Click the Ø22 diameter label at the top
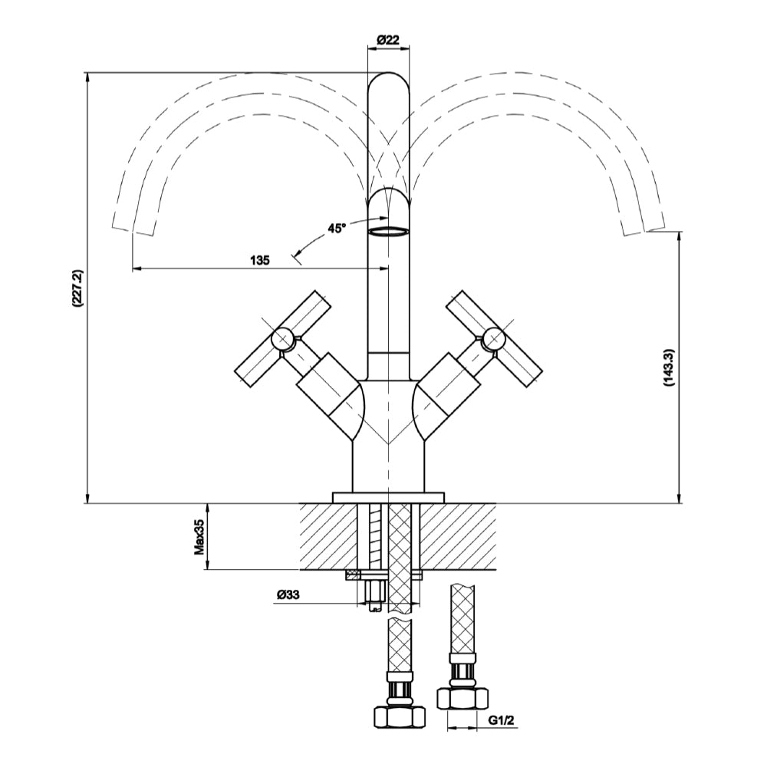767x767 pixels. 388,41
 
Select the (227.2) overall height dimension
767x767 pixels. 77,288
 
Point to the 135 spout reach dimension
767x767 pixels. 260,260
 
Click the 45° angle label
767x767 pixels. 337,228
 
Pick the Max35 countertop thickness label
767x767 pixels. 199,537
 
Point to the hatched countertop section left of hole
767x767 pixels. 330,537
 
